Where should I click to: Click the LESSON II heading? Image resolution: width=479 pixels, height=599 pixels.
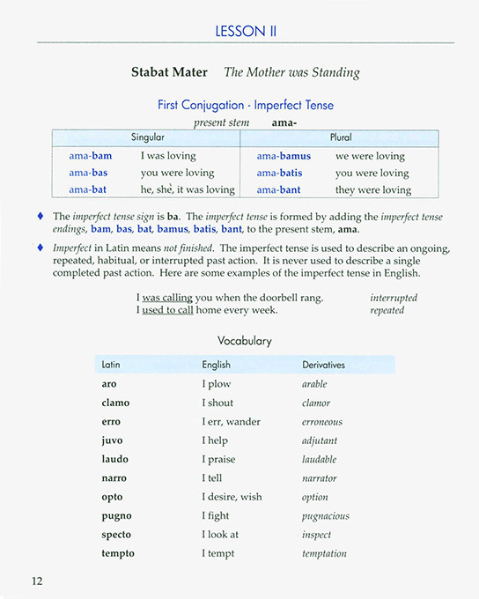click(246, 31)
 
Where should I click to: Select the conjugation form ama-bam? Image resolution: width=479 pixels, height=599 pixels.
click(91, 156)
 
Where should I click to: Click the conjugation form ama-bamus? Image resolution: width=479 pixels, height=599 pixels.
click(284, 156)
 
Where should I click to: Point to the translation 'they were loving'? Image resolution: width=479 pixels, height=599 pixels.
click(373, 189)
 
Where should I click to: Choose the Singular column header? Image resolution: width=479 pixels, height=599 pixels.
click(147, 138)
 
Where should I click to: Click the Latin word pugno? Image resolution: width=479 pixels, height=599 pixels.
click(115, 515)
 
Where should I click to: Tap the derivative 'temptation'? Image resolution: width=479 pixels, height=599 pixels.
click(324, 553)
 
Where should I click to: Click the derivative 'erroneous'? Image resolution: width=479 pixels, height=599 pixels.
click(322, 422)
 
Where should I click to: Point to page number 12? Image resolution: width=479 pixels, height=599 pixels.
click(37, 581)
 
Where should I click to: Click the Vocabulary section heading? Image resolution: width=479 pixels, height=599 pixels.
click(245, 340)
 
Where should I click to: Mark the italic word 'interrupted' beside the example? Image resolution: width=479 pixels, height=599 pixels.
click(394, 298)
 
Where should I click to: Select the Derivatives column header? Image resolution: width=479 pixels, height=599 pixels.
click(324, 364)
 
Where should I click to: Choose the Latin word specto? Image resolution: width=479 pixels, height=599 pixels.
click(116, 534)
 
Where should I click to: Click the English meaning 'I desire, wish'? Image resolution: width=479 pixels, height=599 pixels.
click(232, 497)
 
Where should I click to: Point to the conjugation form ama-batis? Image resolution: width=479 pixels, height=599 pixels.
click(279, 173)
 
